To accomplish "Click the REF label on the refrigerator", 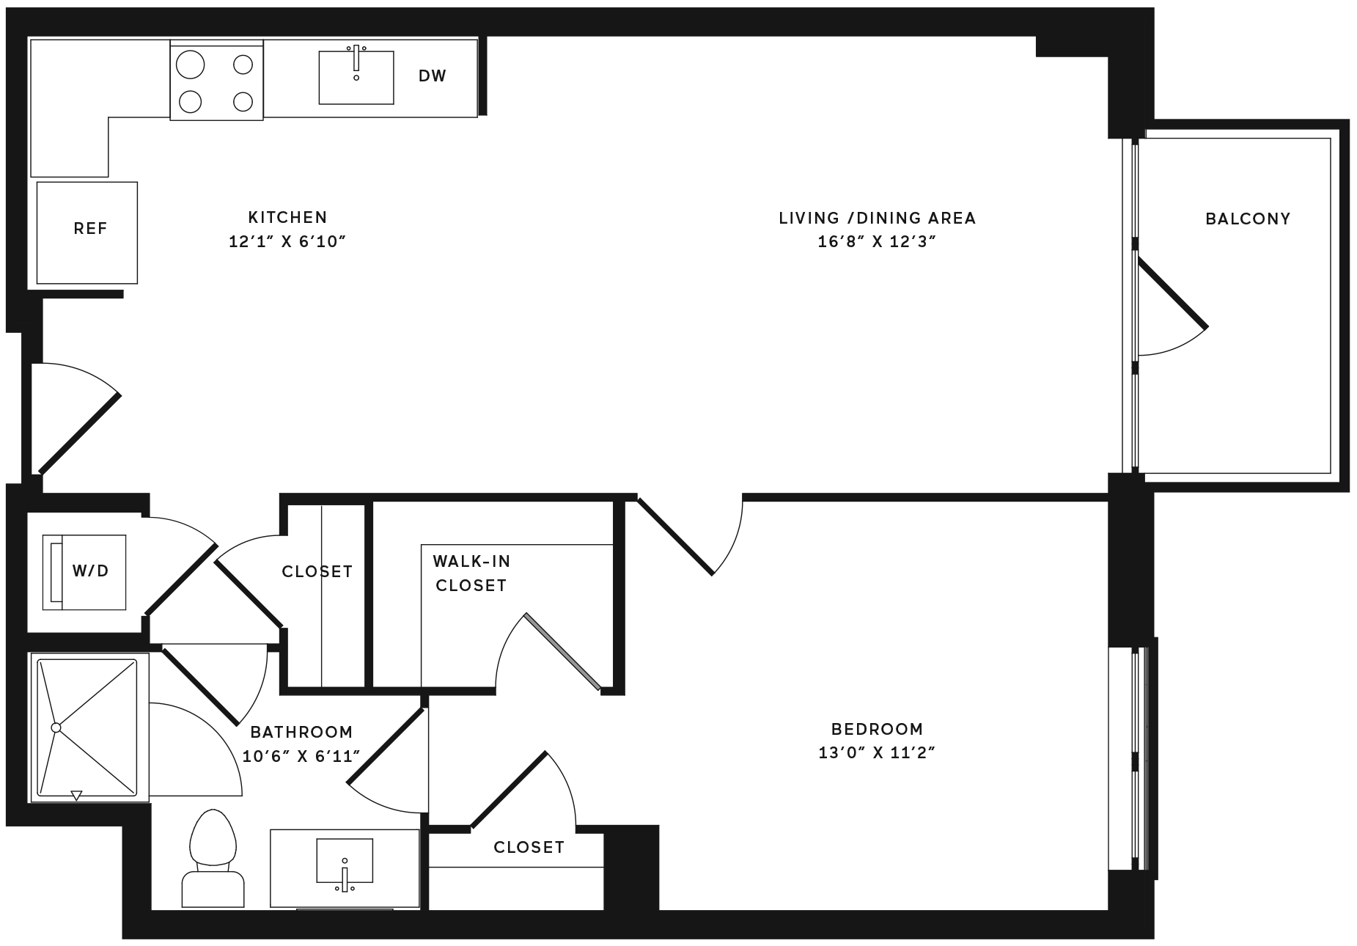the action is (91, 229).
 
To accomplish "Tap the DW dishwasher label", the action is (433, 76).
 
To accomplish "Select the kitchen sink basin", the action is (356, 77).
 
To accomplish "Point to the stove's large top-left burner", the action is (191, 64).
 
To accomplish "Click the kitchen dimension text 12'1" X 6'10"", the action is (287, 242).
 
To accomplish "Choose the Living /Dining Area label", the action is (878, 219).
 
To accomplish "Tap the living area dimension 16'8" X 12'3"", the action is (878, 242).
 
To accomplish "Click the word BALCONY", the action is (1248, 219).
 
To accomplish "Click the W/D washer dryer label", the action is (91, 571).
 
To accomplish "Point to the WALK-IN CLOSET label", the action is (471, 573).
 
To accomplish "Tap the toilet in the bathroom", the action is (213, 859).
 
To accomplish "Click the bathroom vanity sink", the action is (345, 862).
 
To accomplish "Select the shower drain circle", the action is (56, 727).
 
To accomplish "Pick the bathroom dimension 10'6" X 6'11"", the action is (302, 756).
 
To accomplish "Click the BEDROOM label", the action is (878, 730).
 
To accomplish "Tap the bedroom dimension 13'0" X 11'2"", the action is (878, 753).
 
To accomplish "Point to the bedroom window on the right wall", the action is (1133, 758).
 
